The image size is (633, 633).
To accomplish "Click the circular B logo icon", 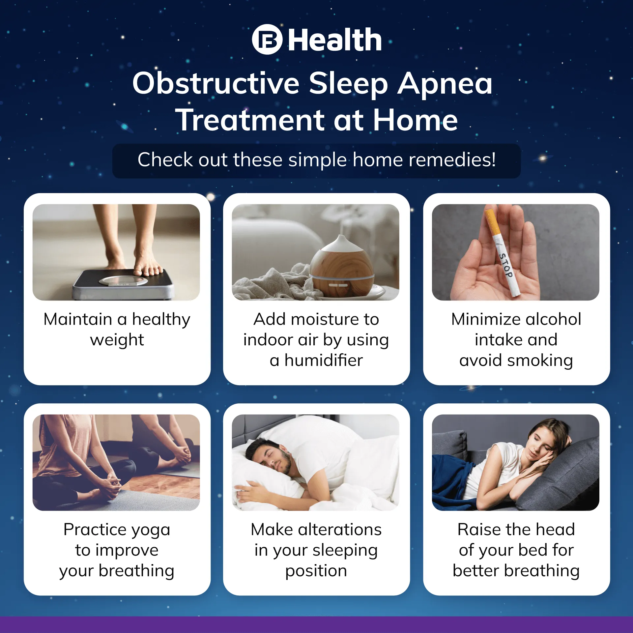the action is point(267,39).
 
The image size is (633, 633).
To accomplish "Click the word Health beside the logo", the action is point(335,40).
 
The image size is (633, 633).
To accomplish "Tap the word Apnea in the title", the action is point(445,84).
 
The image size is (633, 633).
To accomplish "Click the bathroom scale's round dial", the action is point(124,281).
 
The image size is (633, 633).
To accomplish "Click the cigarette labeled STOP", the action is point(503,252).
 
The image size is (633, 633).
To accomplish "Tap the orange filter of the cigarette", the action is point(492,221).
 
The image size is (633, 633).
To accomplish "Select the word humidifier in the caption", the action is point(324,360).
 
